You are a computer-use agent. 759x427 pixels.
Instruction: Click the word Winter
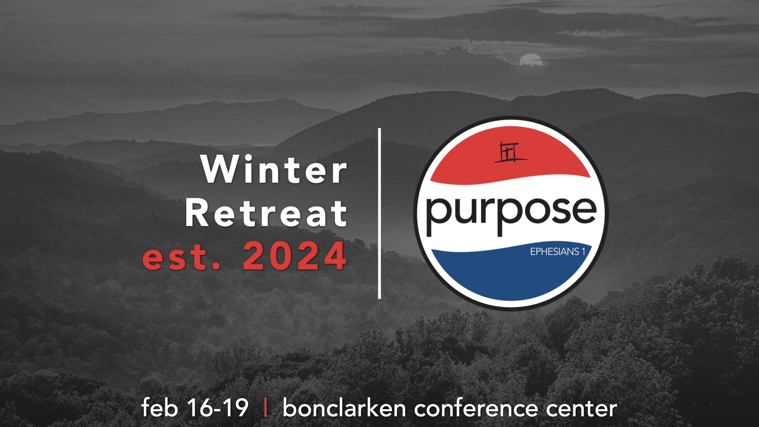(x=274, y=169)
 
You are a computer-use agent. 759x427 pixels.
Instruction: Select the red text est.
(x=181, y=257)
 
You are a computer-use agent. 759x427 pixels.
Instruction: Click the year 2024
(x=295, y=256)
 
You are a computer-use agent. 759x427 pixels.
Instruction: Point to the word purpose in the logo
(x=511, y=213)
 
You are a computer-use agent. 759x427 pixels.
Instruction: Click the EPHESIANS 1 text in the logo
(x=557, y=251)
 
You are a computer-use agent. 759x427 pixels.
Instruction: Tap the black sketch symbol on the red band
(x=510, y=152)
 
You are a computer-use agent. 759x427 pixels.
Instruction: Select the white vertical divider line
(x=379, y=213)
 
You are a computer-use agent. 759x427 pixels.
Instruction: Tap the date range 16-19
(x=218, y=408)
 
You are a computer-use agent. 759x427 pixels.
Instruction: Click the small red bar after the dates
(x=265, y=407)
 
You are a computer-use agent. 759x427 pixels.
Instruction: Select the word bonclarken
(x=344, y=408)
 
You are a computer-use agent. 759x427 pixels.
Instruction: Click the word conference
(x=476, y=408)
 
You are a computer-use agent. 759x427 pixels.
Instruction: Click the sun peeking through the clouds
(x=531, y=60)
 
